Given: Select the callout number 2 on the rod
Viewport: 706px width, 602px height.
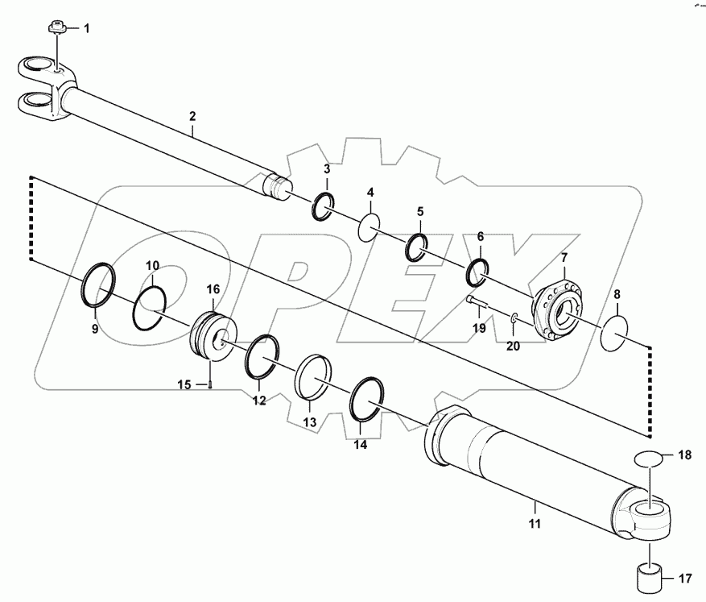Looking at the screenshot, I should click(x=192, y=116).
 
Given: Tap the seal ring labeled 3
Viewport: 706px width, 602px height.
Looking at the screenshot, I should click(x=323, y=206).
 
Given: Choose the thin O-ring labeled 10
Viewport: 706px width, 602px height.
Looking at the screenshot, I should click(x=151, y=301).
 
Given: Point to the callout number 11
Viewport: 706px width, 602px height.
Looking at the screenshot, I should click(x=535, y=525).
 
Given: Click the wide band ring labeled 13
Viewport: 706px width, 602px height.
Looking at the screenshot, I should click(x=312, y=374).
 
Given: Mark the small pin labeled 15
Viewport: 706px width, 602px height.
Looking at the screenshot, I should click(x=208, y=384).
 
